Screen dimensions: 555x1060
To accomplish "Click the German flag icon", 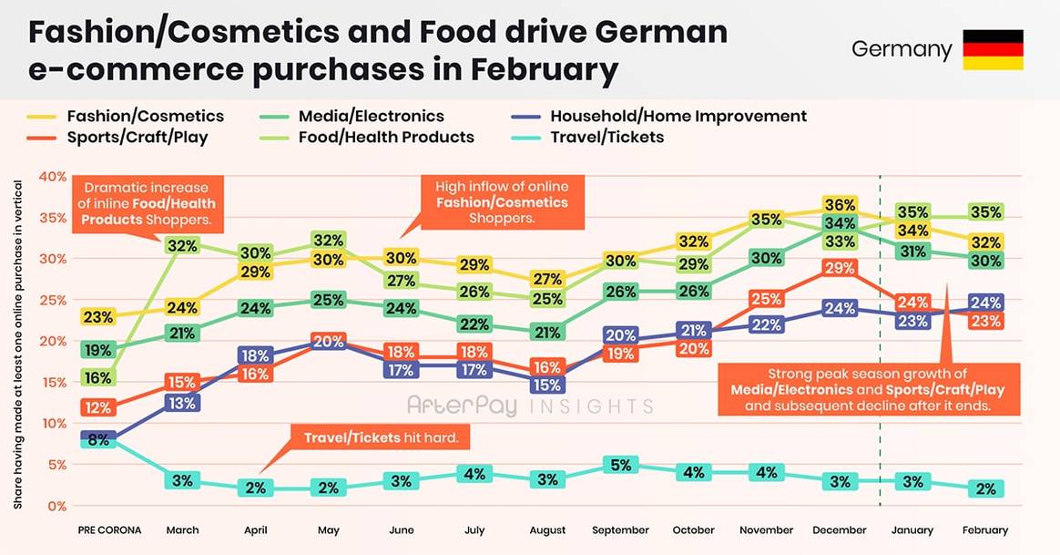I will [x=994, y=49].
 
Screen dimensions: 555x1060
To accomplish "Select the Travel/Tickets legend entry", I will [x=606, y=138].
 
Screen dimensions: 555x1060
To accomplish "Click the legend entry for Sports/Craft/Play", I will [x=137, y=138].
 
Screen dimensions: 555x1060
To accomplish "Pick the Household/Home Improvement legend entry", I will [x=678, y=117].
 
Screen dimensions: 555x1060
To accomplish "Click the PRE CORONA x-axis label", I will [x=108, y=530].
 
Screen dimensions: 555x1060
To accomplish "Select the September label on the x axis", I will [x=620, y=530].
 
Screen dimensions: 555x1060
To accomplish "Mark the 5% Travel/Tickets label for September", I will [x=620, y=465].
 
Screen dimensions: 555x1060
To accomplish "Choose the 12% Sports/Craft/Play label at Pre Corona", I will [x=97, y=407].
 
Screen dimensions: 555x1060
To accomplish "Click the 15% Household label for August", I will [x=546, y=385].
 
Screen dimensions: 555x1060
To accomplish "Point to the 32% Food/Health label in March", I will [x=182, y=246].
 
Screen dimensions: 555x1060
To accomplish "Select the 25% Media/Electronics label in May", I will [x=328, y=300].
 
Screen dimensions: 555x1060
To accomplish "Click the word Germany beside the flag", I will [x=901, y=49].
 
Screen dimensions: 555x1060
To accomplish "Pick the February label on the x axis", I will [x=984, y=530].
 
